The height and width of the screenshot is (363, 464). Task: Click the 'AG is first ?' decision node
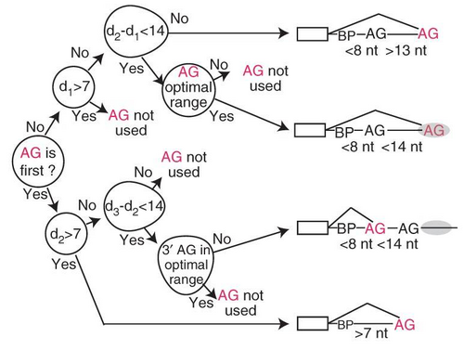point(38,162)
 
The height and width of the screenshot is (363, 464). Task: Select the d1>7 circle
point(73,87)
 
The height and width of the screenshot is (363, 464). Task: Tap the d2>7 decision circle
point(67,234)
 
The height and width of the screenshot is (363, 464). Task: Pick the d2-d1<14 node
point(136,32)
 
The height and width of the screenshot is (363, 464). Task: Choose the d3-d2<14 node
point(135,205)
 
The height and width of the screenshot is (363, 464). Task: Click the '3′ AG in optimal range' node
point(187,265)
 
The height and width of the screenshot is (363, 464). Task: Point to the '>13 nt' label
point(406,50)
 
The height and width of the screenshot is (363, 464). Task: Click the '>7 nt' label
point(371,333)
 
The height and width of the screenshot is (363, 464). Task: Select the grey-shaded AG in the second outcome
point(434,131)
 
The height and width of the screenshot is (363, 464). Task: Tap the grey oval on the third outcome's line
point(436,228)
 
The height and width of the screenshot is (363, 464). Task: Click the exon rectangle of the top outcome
point(313,33)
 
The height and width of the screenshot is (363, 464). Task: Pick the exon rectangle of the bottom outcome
point(313,324)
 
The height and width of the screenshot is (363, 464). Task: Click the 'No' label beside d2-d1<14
point(179,19)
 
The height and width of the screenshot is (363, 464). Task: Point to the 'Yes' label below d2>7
point(64,264)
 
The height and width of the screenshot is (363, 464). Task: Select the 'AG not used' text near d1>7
point(131,123)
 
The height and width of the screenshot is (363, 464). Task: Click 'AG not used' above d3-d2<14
point(184,164)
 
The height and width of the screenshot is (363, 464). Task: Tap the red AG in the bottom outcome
point(405,325)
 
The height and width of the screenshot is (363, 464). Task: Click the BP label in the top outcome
point(347,36)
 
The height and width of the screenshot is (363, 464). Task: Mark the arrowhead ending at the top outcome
point(284,33)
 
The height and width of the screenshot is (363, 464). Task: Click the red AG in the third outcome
point(375,229)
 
